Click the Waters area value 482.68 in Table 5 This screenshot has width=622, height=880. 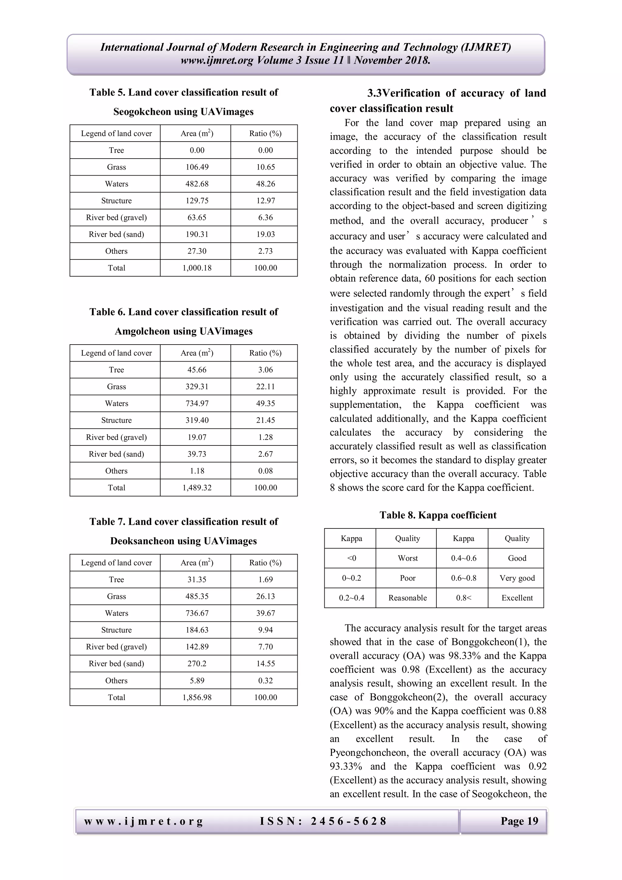click(x=197, y=184)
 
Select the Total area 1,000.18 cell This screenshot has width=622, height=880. click(x=197, y=268)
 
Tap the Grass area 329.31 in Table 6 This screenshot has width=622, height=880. click(x=197, y=387)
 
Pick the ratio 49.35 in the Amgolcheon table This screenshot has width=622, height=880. click(x=265, y=404)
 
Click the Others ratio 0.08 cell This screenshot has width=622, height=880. click(x=265, y=471)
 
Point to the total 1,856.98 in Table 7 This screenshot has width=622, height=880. click(x=197, y=698)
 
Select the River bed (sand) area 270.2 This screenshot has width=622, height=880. click(x=197, y=664)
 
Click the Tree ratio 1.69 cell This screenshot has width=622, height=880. click(x=265, y=579)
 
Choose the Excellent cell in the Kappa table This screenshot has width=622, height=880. click(x=517, y=598)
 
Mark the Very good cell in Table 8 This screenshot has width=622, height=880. click(x=517, y=578)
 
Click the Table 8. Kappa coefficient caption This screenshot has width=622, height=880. click(x=438, y=515)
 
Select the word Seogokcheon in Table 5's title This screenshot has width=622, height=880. click(x=142, y=112)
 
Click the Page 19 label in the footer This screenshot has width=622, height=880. click(x=519, y=821)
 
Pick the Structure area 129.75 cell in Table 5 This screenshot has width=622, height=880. click(x=197, y=201)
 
